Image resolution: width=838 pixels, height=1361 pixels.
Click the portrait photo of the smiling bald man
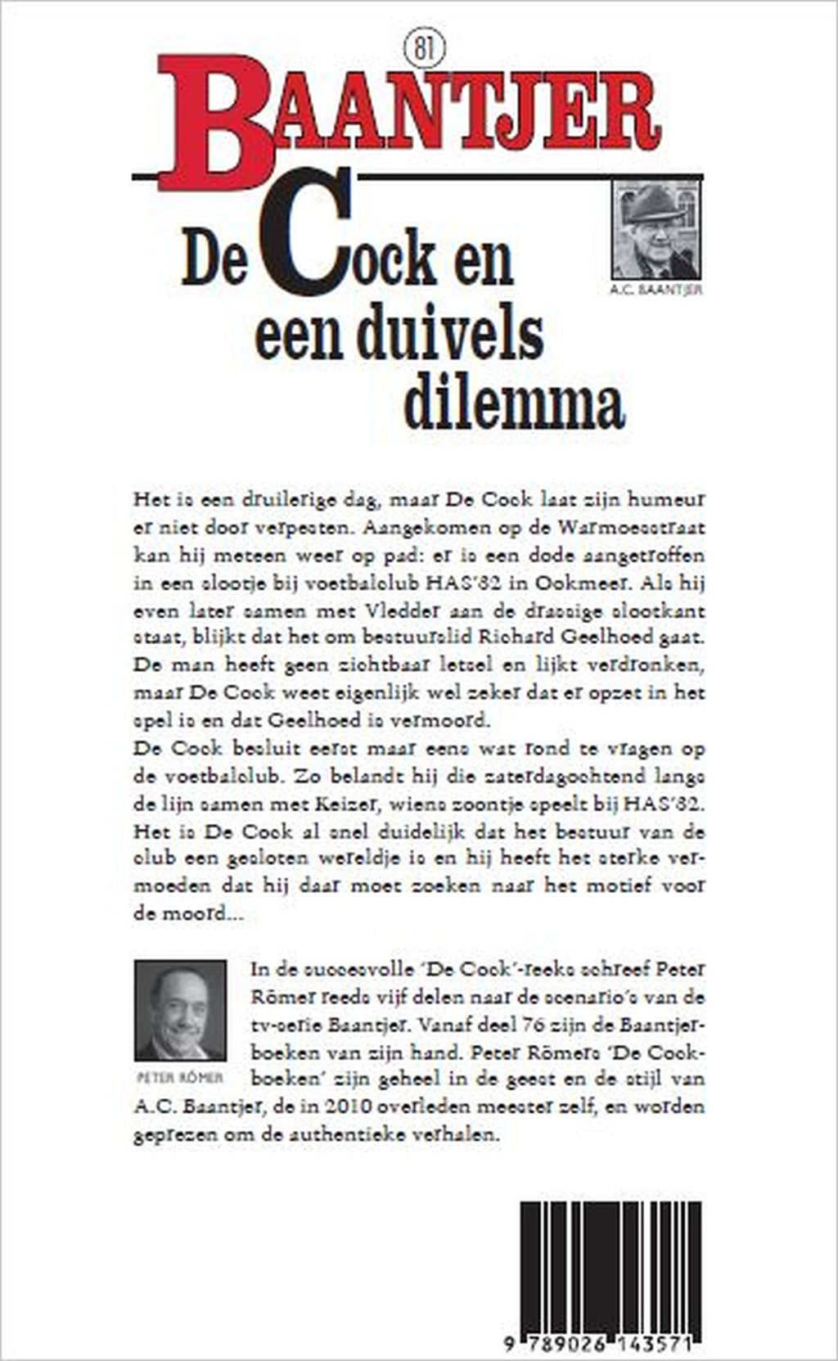point(181,1010)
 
